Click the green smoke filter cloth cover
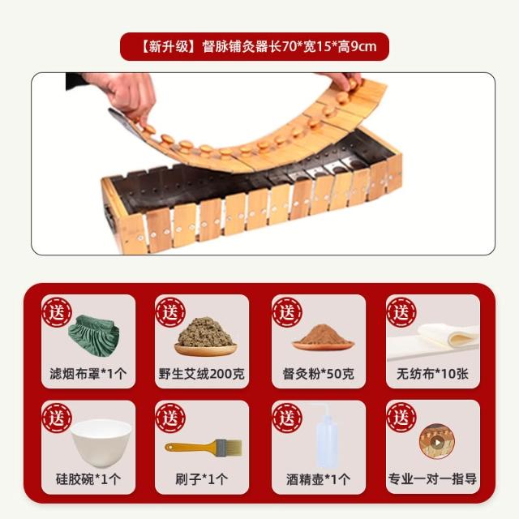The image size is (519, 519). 95,335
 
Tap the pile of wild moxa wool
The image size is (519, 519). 205,335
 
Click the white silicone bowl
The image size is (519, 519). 101,442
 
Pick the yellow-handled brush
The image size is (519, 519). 204,448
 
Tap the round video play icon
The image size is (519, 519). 437,442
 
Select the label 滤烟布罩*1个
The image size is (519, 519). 88,374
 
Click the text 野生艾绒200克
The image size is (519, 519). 202,374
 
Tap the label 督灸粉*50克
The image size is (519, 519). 319,374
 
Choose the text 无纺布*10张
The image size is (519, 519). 432,374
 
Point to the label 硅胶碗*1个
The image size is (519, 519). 88,479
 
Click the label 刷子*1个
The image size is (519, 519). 202,479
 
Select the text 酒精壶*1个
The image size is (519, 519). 319,479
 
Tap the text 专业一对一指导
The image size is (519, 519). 432,479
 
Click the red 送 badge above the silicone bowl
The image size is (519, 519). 57,418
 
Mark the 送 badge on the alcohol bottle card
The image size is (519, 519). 287,418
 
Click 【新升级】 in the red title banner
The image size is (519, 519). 169,47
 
